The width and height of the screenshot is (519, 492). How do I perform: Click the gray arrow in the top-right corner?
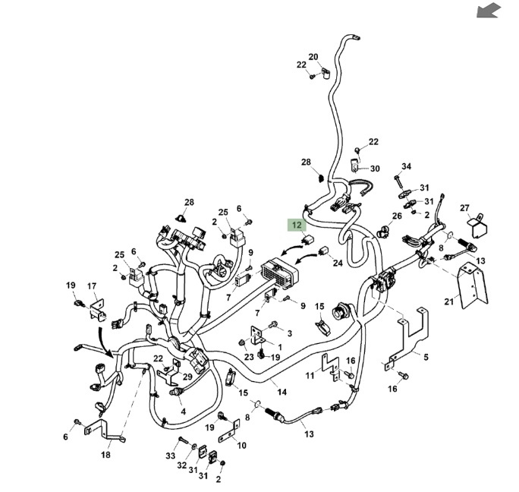click(489, 10)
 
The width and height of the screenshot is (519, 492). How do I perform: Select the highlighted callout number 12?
click(297, 225)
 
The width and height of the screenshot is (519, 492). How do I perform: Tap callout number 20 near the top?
click(313, 57)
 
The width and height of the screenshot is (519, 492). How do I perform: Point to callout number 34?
click(406, 166)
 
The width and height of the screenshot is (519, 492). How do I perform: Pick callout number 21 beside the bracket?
click(448, 302)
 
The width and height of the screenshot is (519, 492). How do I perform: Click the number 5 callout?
click(426, 356)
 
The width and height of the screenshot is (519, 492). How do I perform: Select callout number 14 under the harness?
click(282, 392)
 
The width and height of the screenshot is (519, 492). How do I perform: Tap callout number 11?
click(310, 375)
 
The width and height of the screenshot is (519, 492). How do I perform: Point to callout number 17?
click(92, 286)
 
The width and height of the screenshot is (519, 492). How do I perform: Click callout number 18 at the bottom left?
click(105, 455)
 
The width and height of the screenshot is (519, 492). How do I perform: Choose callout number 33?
click(170, 456)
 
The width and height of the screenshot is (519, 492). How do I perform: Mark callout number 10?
click(241, 445)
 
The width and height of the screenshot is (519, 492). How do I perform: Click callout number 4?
click(183, 412)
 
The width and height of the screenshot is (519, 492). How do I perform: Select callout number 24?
click(338, 263)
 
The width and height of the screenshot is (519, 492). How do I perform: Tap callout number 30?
click(374, 169)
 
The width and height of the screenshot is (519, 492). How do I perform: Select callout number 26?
click(397, 216)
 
